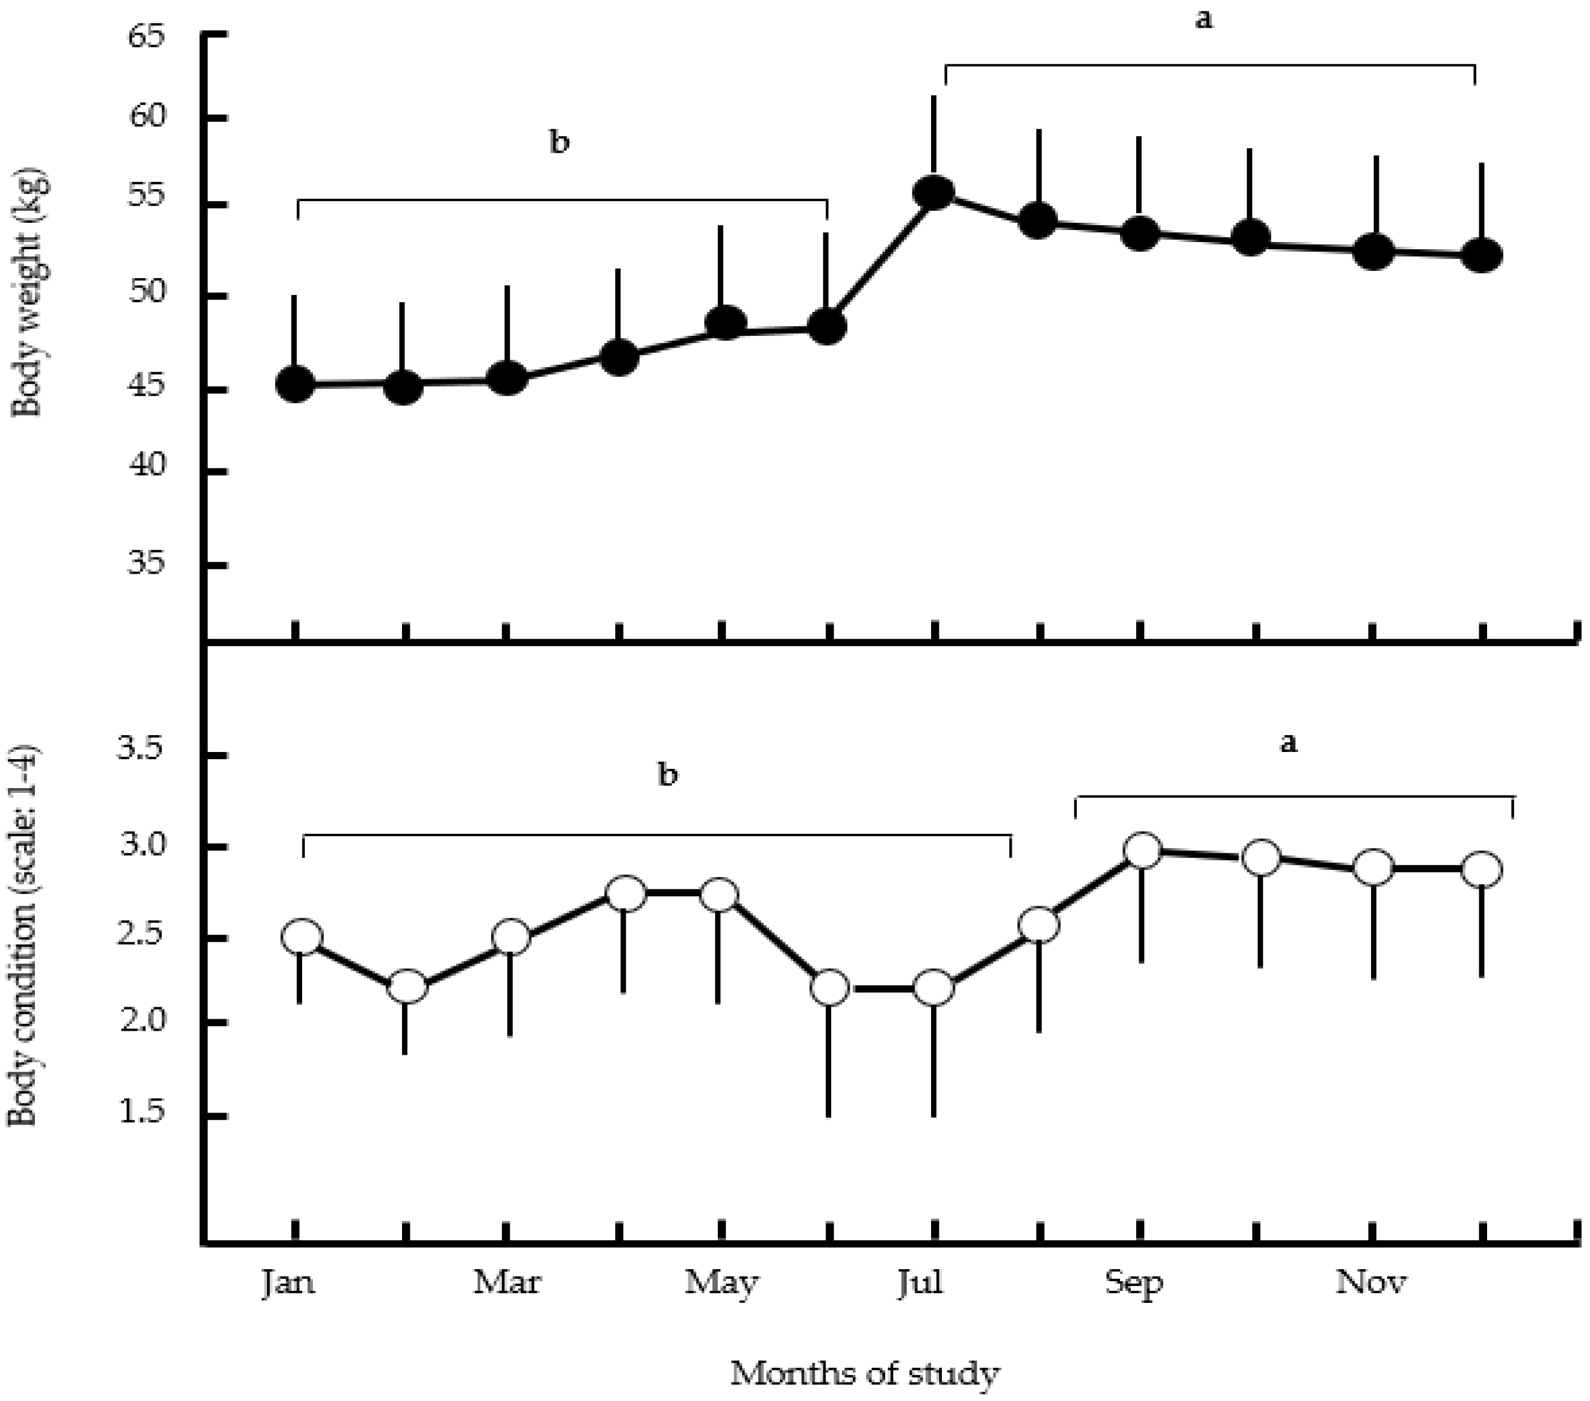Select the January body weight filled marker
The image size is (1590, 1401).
pos(295,385)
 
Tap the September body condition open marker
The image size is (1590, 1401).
pos(1143,850)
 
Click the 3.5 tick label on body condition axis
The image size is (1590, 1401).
pos(140,750)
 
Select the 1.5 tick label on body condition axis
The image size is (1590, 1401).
pos(140,1112)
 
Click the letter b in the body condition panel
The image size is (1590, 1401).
pos(667,774)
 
